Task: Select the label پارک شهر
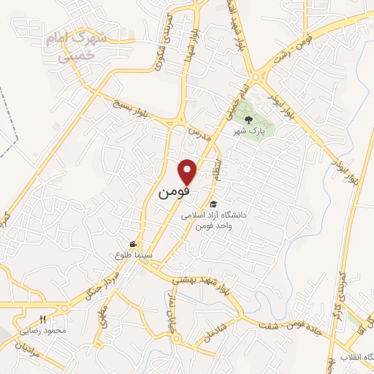(x=248, y=132)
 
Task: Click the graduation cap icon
(x=213, y=204)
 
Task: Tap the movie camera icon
(x=132, y=244)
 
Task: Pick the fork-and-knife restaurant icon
(x=42, y=319)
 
